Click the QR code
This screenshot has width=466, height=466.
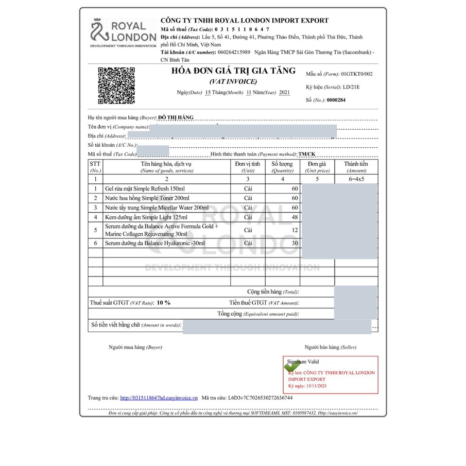pos(116,85)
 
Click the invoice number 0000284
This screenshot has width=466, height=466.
pos(336,100)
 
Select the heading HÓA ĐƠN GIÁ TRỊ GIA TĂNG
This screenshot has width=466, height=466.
pos(234,71)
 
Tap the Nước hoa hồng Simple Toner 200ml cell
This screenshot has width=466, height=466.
pos(147,198)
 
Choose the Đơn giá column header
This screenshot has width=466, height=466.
pos(317,167)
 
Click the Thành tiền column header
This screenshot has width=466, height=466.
pos(356,167)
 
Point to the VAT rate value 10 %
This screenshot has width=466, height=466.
pos(163,303)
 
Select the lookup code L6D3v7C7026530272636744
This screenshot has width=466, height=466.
pos(261,398)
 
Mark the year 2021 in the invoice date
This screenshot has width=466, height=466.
pos(284,93)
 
